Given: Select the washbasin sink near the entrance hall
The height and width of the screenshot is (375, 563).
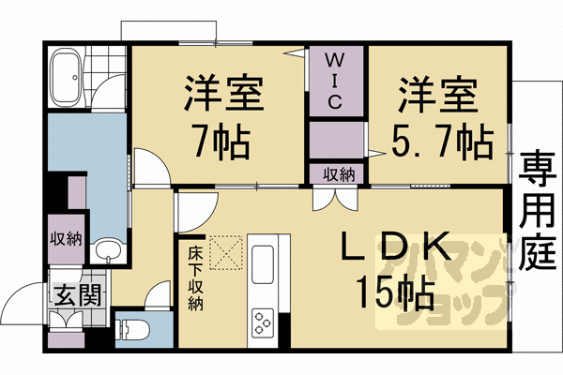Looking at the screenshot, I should [x=103, y=250].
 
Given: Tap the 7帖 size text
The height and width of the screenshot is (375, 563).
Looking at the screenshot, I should [x=221, y=143].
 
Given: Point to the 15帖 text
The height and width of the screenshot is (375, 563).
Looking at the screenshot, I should [x=394, y=293].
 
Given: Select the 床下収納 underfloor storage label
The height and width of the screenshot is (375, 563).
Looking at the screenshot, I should [x=194, y=278].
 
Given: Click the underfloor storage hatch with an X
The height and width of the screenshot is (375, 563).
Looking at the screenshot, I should [x=226, y=250].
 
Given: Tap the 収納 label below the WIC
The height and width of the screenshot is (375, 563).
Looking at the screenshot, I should [x=340, y=174].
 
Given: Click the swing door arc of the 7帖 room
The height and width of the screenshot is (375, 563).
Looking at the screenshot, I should [x=151, y=167].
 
